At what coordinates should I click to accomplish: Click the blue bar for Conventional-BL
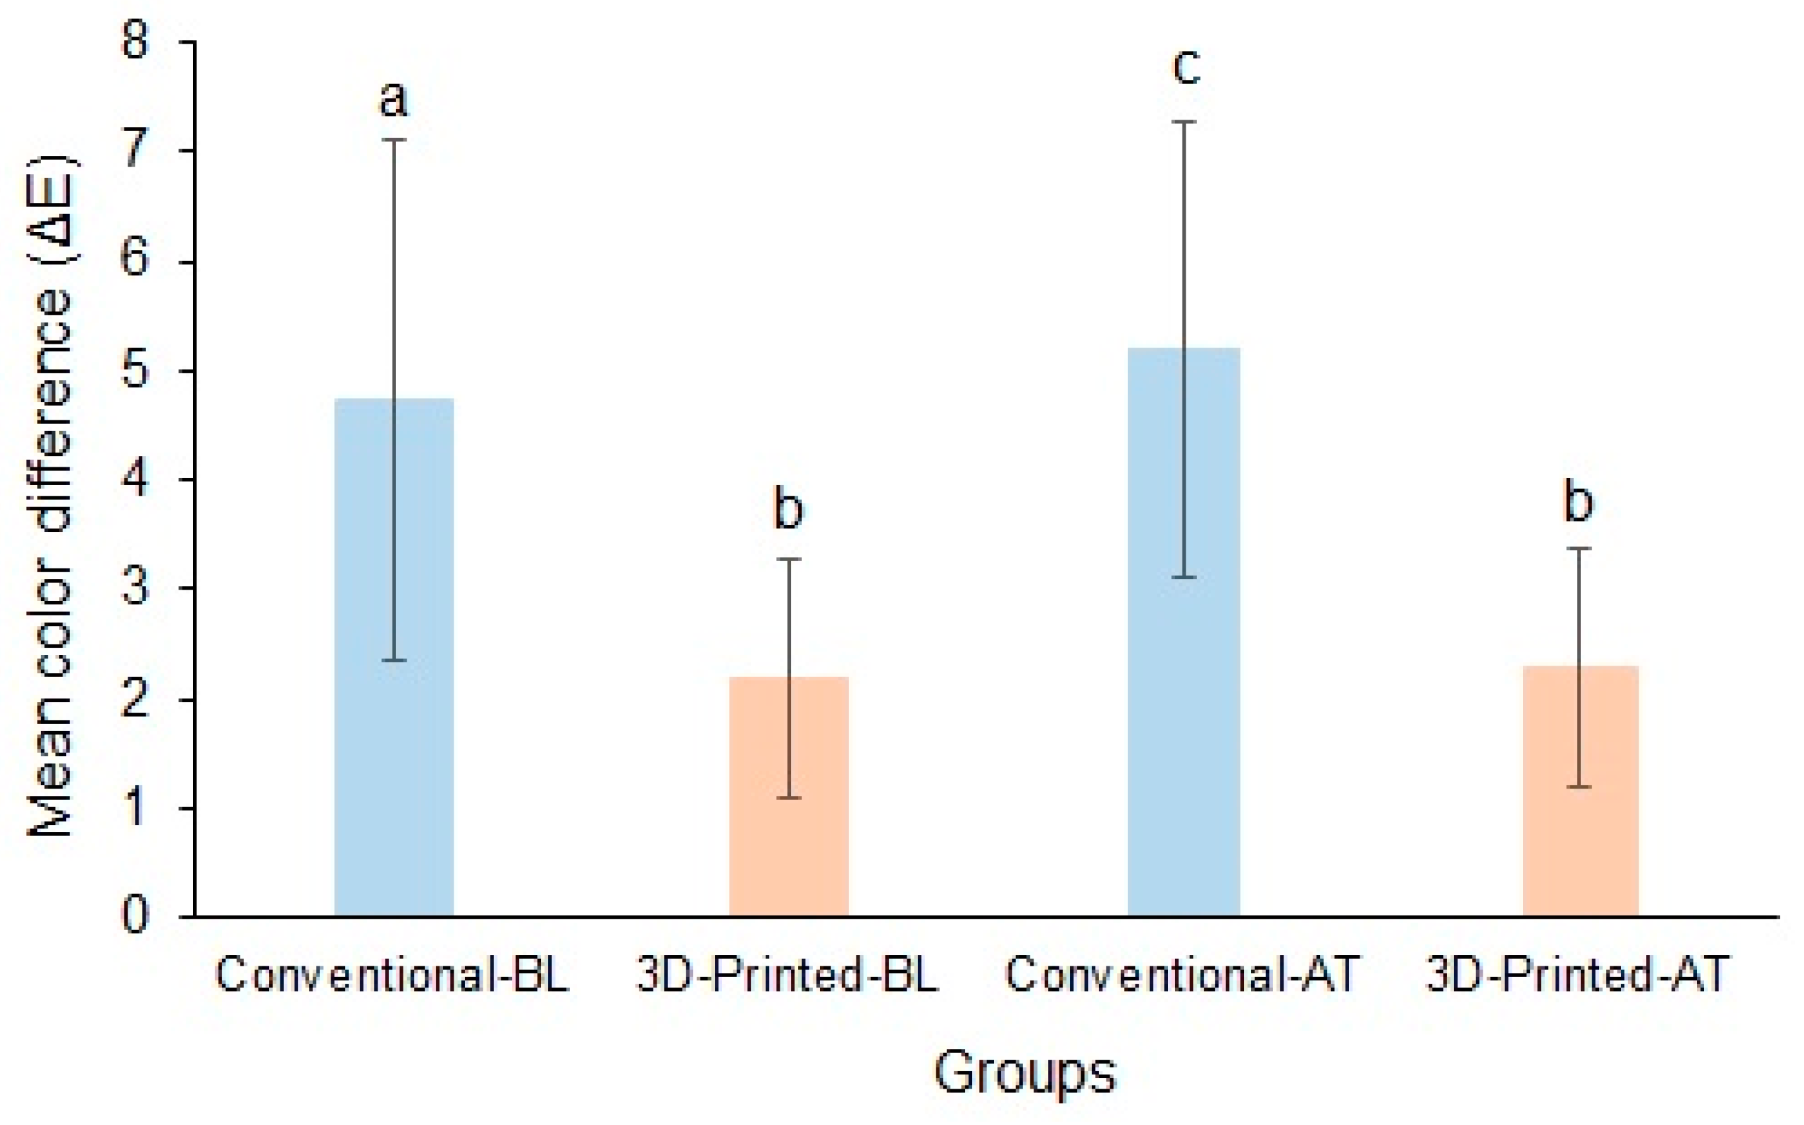click(393, 657)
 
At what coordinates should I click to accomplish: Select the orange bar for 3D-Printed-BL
click(789, 796)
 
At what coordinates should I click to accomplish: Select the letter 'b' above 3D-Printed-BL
click(789, 508)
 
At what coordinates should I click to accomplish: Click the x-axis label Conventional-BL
click(392, 973)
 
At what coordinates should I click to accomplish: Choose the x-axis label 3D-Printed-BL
click(788, 973)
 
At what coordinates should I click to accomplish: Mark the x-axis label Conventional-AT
click(1182, 973)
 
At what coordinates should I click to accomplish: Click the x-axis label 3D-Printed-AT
click(1577, 973)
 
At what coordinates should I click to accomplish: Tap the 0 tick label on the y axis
click(136, 916)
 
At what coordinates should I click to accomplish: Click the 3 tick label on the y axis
click(136, 588)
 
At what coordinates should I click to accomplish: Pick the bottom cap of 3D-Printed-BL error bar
click(789, 798)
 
